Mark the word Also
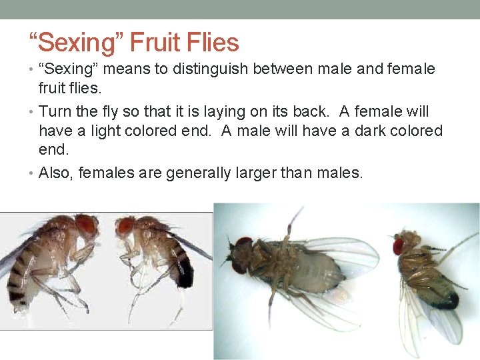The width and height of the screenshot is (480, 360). click(x=55, y=173)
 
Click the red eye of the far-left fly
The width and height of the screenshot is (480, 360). click(x=86, y=225)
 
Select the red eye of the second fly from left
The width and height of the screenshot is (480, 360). click(x=126, y=227)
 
